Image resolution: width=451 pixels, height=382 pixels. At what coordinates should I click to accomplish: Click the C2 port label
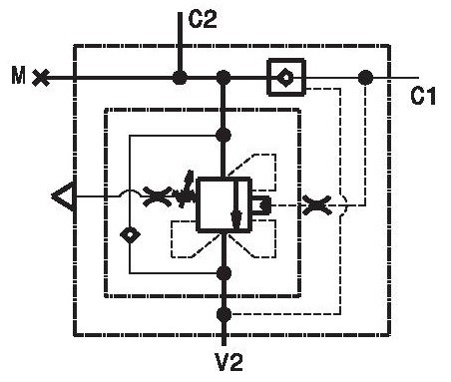point(203,19)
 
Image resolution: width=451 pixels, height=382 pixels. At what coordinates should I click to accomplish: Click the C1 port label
point(423,96)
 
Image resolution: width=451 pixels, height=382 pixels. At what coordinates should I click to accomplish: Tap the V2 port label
point(229,362)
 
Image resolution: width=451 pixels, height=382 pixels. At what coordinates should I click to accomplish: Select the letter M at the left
point(18,75)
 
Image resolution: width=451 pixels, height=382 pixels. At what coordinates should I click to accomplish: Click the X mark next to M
point(41,78)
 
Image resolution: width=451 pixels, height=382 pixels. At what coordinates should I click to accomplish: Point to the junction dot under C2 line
point(180,78)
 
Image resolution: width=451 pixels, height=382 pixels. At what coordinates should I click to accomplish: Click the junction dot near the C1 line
point(365,78)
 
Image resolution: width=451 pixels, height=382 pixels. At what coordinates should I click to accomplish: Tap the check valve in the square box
point(286,78)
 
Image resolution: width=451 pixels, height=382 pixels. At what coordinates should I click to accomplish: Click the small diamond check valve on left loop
point(130,235)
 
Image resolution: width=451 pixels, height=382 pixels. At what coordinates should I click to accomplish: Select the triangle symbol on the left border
point(63,196)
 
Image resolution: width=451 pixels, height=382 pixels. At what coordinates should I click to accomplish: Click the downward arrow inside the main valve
point(235,205)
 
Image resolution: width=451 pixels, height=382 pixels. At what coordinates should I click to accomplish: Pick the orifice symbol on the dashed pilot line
point(316,205)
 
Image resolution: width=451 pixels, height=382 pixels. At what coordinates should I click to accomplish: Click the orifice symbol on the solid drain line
point(157,196)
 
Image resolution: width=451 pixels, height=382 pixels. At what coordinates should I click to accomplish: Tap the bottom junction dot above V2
point(224,314)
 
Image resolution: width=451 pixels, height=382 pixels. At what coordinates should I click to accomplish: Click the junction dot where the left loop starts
point(224,135)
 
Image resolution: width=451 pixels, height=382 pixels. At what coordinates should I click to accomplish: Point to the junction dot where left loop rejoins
point(224,273)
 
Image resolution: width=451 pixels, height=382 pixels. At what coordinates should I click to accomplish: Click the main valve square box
point(224,204)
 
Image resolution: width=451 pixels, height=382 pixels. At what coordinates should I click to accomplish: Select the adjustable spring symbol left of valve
point(186,191)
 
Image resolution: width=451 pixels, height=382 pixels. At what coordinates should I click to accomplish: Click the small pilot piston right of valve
point(261,205)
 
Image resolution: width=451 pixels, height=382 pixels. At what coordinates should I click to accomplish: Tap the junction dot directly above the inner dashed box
point(224,78)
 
